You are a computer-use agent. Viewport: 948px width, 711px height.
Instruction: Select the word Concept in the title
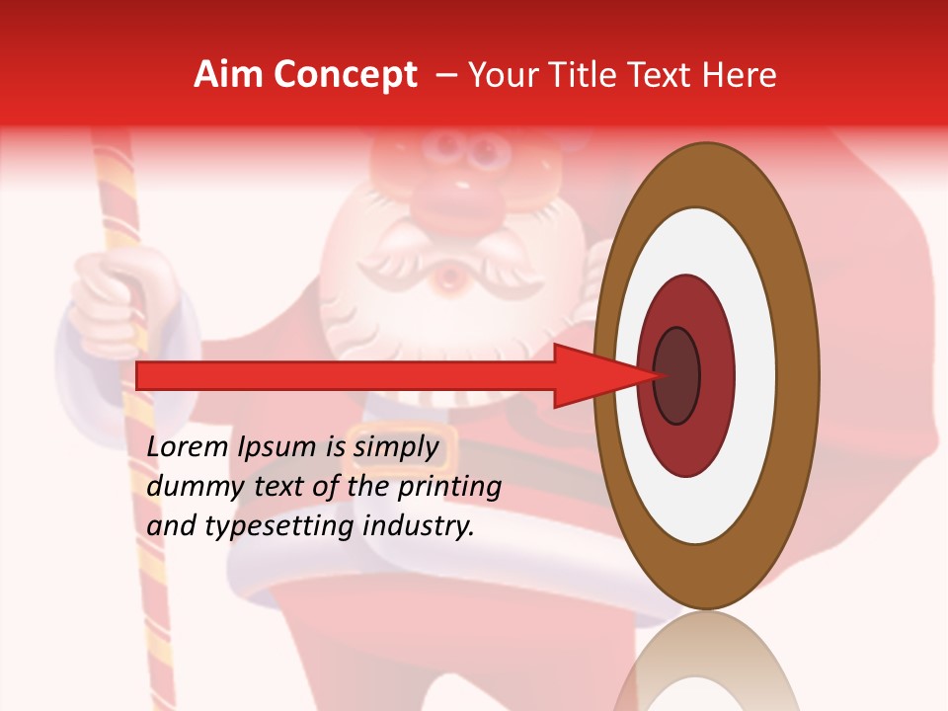pos(345,75)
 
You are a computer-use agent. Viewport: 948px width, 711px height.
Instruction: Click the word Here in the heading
pos(740,75)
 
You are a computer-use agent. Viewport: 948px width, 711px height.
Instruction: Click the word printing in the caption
pos(448,486)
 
